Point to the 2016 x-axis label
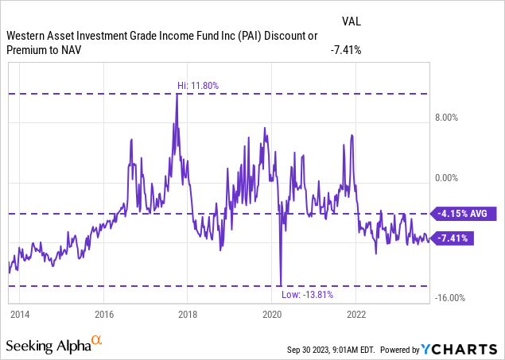[103, 313]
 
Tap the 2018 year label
[188, 313]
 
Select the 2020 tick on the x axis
[272, 313]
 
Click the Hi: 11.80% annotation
[197, 86]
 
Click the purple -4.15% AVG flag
[463, 213]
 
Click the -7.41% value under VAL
[346, 50]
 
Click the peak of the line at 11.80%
[177, 95]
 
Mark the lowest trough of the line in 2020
[281, 285]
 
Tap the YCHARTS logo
[464, 348]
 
